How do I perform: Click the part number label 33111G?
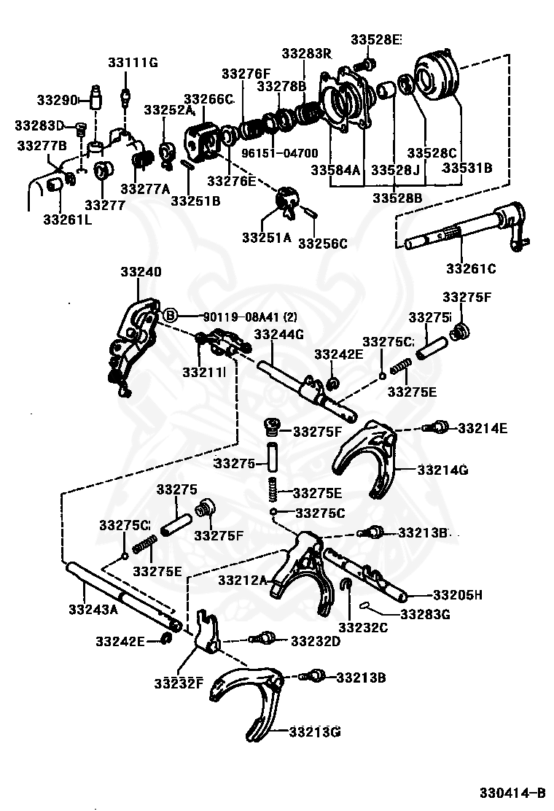[x=133, y=63]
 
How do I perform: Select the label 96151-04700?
[x=280, y=153]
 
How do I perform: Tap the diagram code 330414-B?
[x=512, y=792]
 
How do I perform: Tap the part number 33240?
[x=141, y=271]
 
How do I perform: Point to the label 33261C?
[x=471, y=268]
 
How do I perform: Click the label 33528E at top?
[x=375, y=39]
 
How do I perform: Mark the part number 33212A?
[x=242, y=580]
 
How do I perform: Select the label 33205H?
[x=457, y=595]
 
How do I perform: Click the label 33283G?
[x=425, y=614]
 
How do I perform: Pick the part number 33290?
[x=57, y=99]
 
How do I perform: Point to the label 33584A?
[x=335, y=170]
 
